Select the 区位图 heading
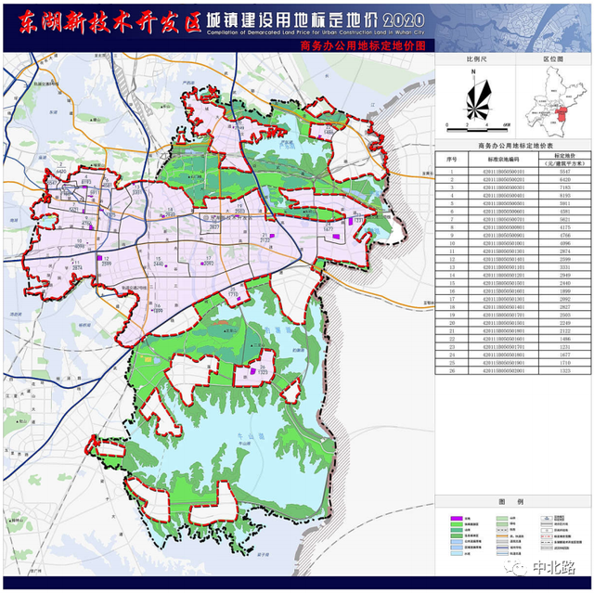tap(553, 58)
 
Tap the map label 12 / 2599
tap(106, 262)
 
